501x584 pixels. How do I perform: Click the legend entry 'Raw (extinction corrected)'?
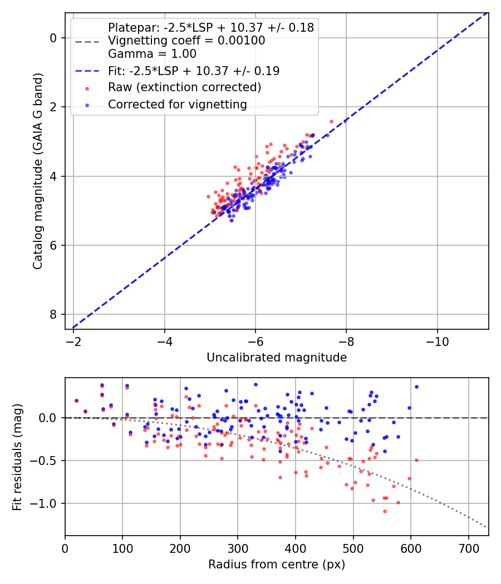point(184,87)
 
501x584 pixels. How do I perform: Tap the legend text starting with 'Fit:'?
point(194,71)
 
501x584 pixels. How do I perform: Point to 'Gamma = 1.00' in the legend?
point(152,54)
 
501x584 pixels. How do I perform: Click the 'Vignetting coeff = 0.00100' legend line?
point(186,41)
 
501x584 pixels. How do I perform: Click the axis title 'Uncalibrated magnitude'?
point(277,358)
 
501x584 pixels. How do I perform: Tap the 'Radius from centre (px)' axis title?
point(277,565)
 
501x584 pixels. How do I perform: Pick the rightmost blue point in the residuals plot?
point(416,387)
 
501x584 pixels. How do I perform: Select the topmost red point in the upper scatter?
point(331,121)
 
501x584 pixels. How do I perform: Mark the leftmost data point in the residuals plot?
point(76,400)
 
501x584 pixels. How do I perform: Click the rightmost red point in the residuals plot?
point(416,460)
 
